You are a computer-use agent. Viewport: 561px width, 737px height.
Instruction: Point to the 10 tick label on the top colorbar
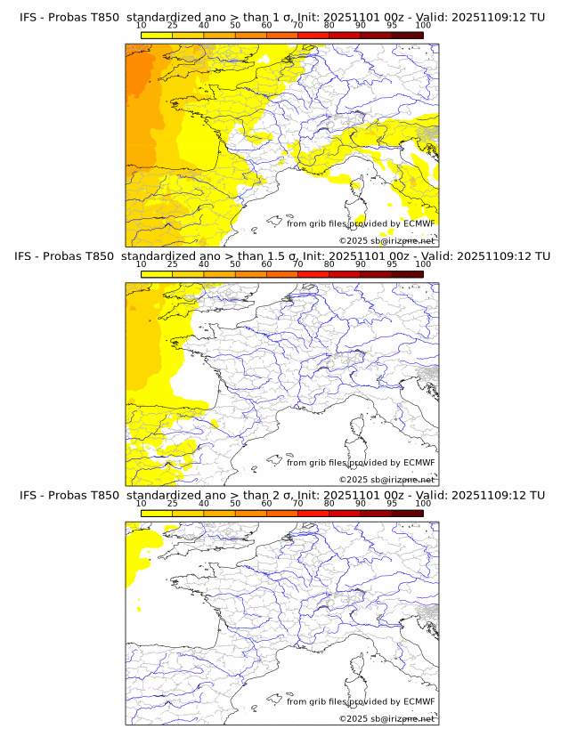coord(142,25)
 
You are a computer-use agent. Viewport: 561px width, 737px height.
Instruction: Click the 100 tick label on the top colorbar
coord(423,25)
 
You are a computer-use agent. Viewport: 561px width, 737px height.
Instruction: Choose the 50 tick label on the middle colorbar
coord(235,264)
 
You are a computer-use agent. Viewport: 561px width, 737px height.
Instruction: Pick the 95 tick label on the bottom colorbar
coord(392,503)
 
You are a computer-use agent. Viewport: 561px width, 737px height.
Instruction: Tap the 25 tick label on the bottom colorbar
coord(173,503)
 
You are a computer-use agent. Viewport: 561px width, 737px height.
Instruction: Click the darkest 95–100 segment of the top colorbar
coord(407,35)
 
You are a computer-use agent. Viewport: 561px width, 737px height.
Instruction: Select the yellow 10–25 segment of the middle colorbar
coord(157,274)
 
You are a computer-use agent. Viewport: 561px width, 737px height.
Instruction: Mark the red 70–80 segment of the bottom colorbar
coord(313,513)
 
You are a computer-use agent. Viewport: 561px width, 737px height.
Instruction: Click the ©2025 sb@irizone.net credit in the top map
coord(386,240)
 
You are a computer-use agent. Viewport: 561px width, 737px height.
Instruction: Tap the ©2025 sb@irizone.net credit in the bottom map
coord(386,718)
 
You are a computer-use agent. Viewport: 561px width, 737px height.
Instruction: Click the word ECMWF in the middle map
coord(419,463)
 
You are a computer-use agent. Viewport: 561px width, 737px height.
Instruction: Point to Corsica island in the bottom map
coord(359,667)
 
